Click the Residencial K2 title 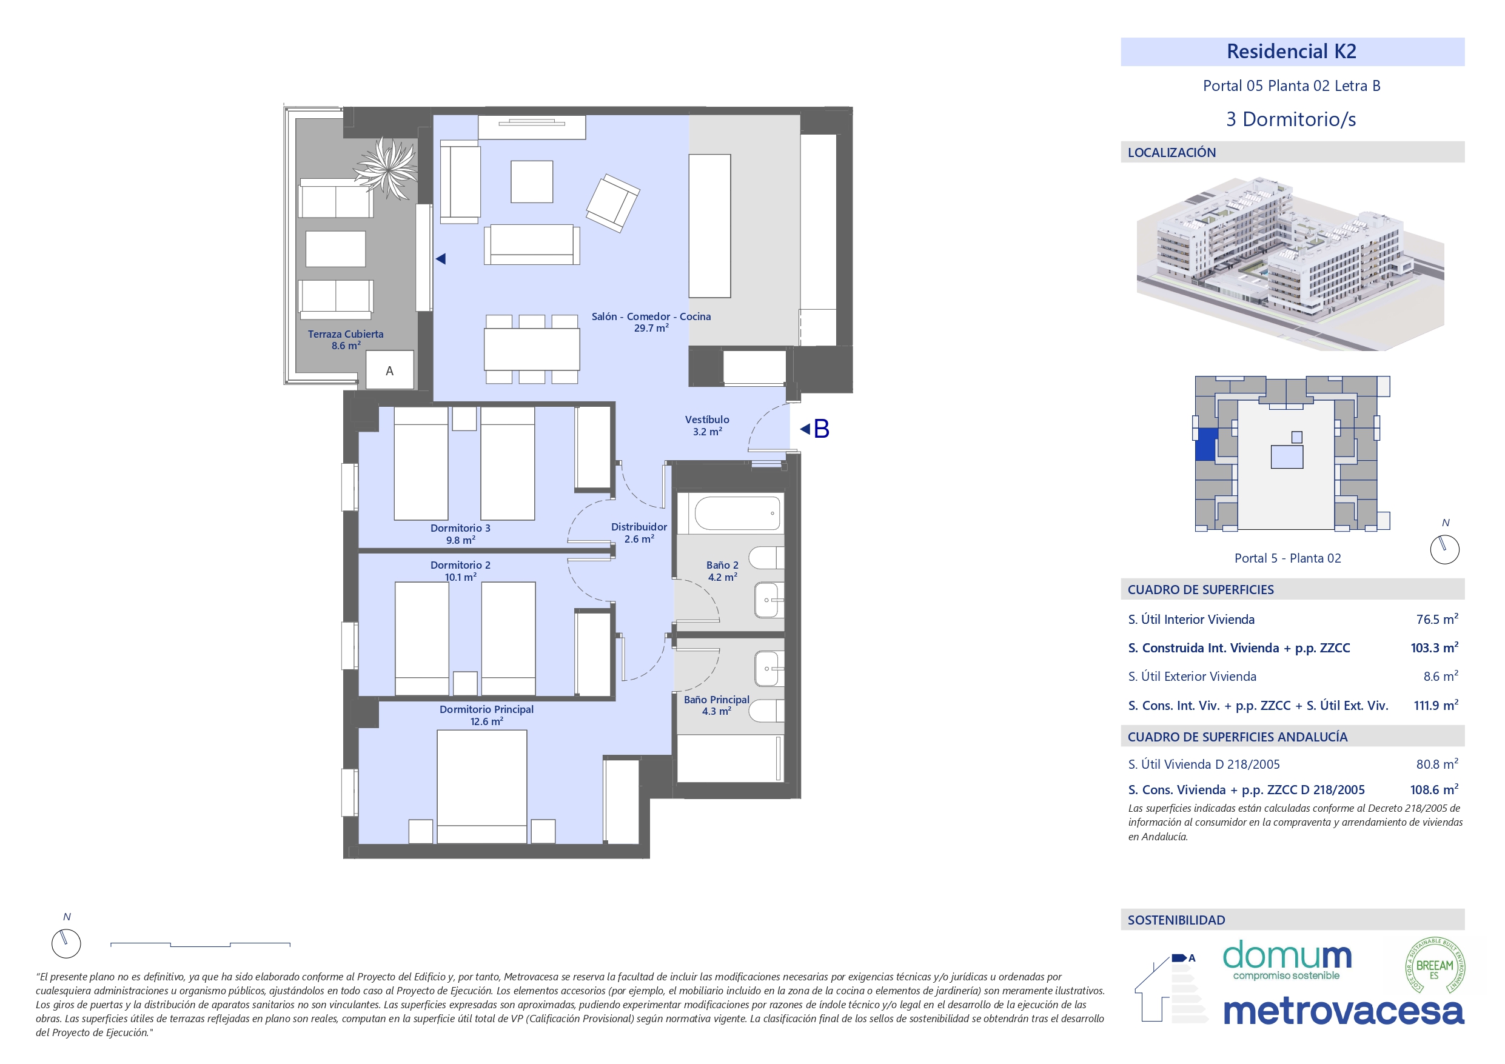pyautogui.click(x=1291, y=51)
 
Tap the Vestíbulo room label pyautogui.click(x=706, y=420)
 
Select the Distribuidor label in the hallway pyautogui.click(x=639, y=527)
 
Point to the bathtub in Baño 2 pyautogui.click(x=737, y=514)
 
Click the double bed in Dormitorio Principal pyautogui.click(x=482, y=786)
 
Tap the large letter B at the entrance pyautogui.click(x=822, y=429)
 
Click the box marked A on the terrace pyautogui.click(x=389, y=370)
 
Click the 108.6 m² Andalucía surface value pyautogui.click(x=1434, y=790)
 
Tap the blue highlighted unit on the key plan pyautogui.click(x=1206, y=444)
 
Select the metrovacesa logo pyautogui.click(x=1343, y=1011)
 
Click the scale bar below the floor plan pyautogui.click(x=201, y=945)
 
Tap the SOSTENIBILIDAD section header pyautogui.click(x=1176, y=920)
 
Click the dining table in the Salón pyautogui.click(x=532, y=349)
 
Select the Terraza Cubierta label pyautogui.click(x=346, y=334)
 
